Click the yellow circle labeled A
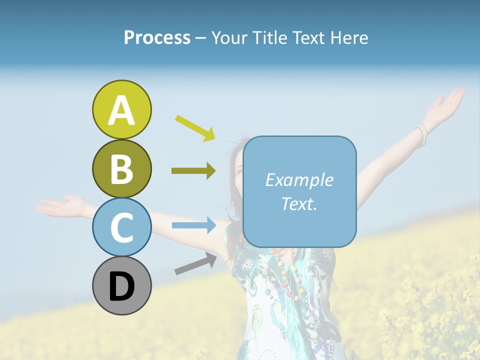tap(121, 109)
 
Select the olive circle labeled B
tap(121, 168)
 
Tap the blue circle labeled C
tap(121, 227)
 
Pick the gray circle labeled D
tap(121, 285)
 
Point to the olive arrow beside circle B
tap(193, 171)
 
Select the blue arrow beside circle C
tap(193, 225)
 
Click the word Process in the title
tap(157, 38)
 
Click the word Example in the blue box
tap(299, 180)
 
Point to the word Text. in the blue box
tap(299, 203)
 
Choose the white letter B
tap(121, 169)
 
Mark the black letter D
tap(121, 286)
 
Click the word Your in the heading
tap(230, 38)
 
